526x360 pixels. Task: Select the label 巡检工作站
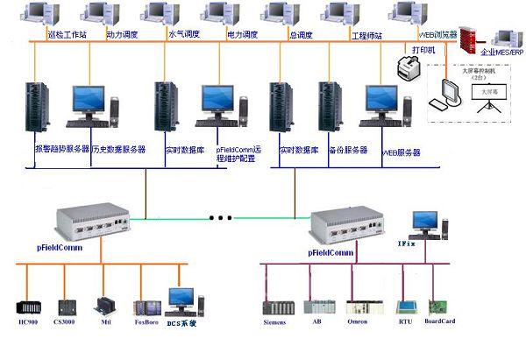click(66, 36)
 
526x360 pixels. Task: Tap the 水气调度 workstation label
click(183, 36)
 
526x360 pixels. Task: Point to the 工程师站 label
click(368, 36)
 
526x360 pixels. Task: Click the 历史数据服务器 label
click(118, 150)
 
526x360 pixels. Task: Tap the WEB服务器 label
click(402, 152)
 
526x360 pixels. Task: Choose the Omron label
click(358, 323)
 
